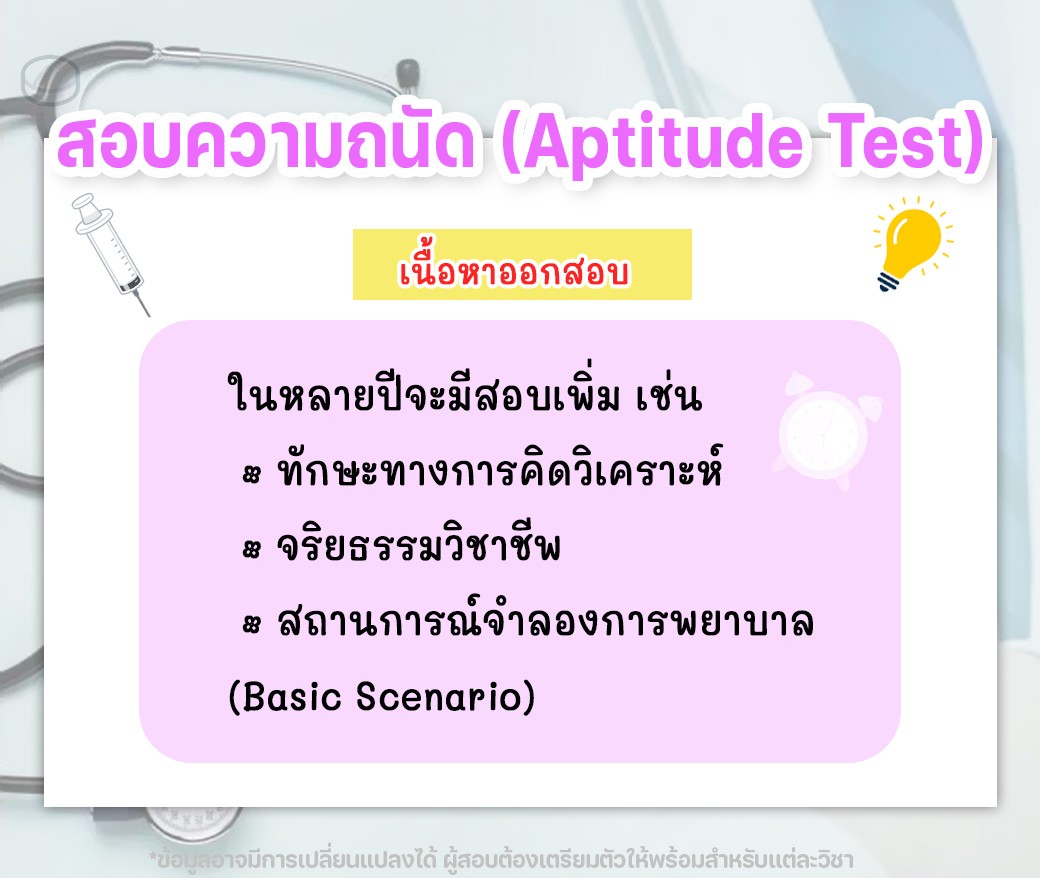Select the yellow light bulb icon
click(913, 243)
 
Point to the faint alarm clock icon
click(826, 431)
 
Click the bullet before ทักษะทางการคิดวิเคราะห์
click(251, 474)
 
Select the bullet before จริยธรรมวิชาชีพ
click(251, 549)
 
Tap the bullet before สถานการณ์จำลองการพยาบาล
click(251, 624)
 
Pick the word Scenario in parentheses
click(439, 696)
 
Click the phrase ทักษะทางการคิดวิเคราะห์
click(499, 468)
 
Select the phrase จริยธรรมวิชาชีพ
click(419, 544)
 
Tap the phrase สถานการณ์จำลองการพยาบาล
click(545, 619)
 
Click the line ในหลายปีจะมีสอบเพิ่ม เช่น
click(464, 391)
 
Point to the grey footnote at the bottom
click(501, 860)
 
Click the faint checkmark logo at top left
click(50, 81)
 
